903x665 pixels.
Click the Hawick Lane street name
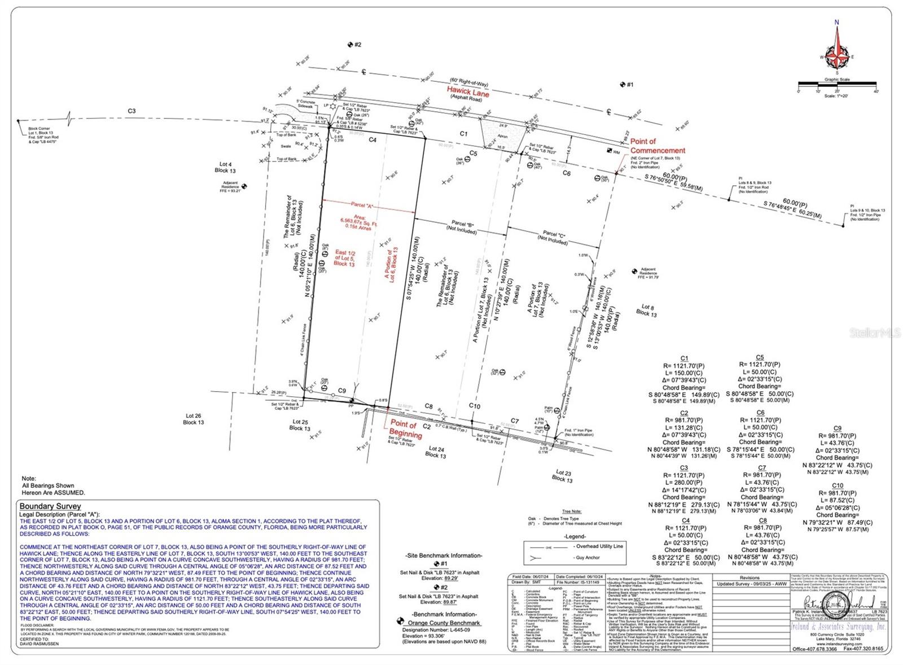[468, 91]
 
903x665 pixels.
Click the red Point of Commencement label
[657, 146]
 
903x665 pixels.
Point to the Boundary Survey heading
[50, 506]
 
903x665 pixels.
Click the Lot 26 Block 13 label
[194, 419]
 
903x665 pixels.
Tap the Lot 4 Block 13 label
[225, 167]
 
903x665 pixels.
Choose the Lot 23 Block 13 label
[563, 476]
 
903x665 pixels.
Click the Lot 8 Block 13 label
[646, 310]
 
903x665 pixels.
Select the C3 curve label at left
[131, 111]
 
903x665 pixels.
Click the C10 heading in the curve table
[838, 485]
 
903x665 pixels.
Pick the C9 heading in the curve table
[837, 428]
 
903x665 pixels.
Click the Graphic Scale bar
[836, 90]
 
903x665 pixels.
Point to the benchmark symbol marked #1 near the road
[623, 85]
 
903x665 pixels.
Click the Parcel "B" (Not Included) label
[461, 227]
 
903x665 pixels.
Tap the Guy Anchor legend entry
[587, 558]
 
